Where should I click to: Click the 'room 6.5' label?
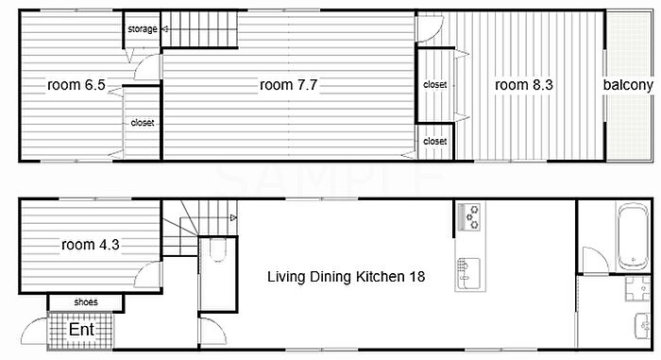tap(76, 85)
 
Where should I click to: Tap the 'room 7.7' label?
tap(288, 85)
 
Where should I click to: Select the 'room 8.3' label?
tap(523, 85)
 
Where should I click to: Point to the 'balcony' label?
tap(628, 85)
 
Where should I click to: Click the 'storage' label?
tap(143, 29)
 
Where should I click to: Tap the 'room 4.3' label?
tap(91, 245)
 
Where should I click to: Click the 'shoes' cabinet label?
tap(86, 302)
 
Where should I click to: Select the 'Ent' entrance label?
tap(81, 330)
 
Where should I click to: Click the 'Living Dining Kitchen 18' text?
tap(347, 277)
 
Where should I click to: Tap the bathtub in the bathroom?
tap(633, 235)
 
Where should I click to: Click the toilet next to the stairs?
tap(217, 249)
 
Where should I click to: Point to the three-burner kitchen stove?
tap(470, 217)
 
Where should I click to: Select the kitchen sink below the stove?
tap(468, 273)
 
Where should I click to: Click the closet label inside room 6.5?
tap(143, 123)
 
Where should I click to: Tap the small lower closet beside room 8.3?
tap(435, 142)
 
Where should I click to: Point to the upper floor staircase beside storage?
tap(199, 29)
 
